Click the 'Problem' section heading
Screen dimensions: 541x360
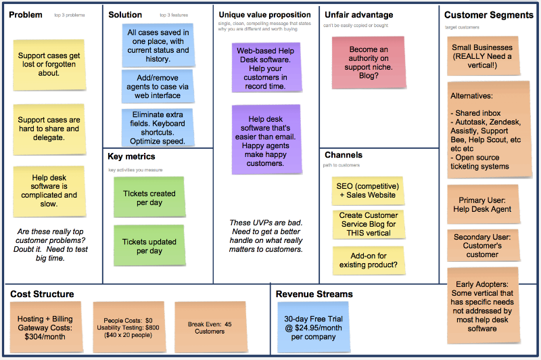pyautogui.click(x=26, y=15)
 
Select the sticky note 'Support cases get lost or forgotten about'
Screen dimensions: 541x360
pyautogui.click(x=49, y=65)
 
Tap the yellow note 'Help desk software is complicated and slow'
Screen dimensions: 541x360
pyautogui.click(x=49, y=192)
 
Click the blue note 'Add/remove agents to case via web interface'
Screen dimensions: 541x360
pyautogui.click(x=158, y=87)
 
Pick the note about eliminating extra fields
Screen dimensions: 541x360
pyautogui.click(x=158, y=128)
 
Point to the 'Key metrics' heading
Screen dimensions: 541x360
pyautogui.click(x=131, y=156)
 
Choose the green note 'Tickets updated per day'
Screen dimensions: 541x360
pyautogui.click(x=149, y=246)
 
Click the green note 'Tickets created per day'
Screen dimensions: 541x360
pyautogui.click(x=149, y=197)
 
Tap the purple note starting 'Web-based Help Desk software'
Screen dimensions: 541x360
pyautogui.click(x=266, y=68)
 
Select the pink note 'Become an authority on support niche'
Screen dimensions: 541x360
pyautogui.click(x=369, y=62)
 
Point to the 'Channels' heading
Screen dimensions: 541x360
pyautogui.click(x=344, y=155)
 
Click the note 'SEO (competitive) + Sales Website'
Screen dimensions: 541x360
pyautogui.click(x=368, y=191)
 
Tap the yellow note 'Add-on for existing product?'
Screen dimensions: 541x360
pyautogui.click(x=368, y=261)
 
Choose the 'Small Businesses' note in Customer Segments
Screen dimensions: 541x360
pyautogui.click(x=483, y=56)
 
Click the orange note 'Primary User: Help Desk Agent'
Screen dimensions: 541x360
pyautogui.click(x=483, y=204)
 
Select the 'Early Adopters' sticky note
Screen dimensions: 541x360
pyautogui.click(x=483, y=306)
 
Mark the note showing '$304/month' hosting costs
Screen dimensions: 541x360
pyautogui.click(x=46, y=328)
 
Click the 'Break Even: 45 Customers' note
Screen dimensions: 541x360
pyautogui.click(x=210, y=328)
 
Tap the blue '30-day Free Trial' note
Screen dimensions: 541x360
pyautogui.click(x=313, y=328)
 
